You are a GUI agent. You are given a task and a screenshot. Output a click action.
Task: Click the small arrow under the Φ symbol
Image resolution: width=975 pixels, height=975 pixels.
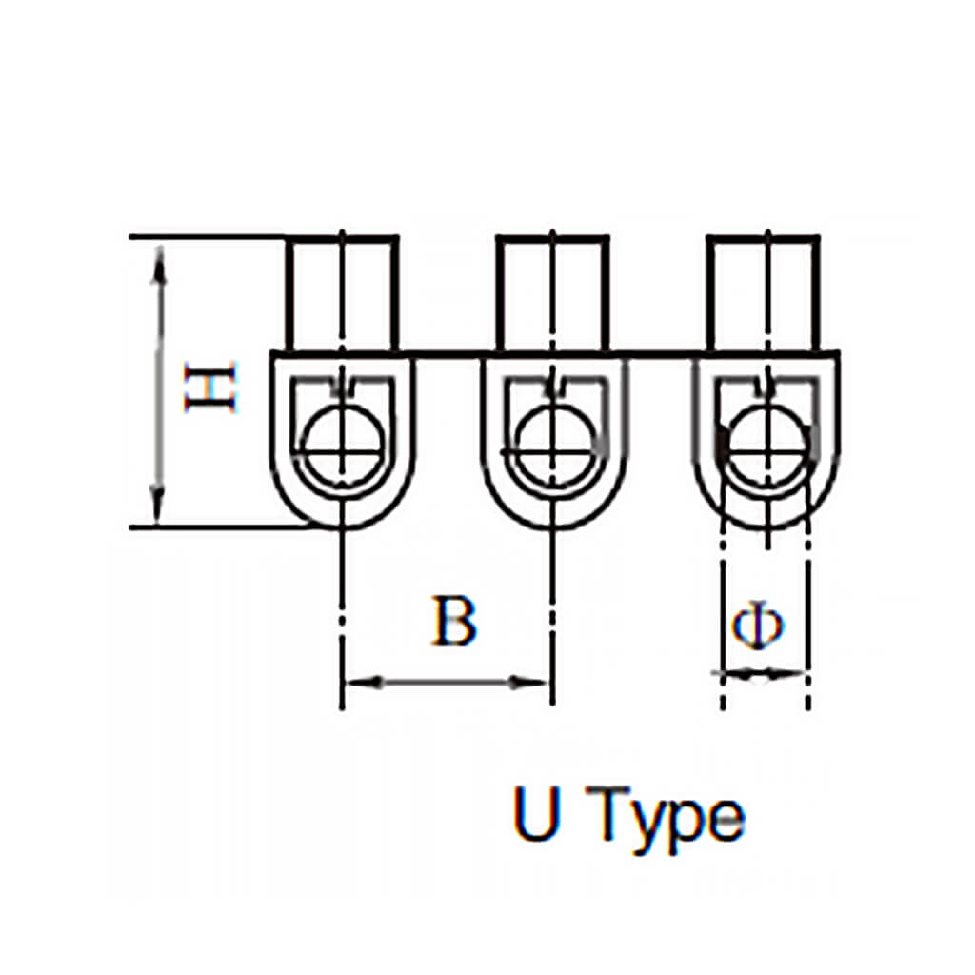762,674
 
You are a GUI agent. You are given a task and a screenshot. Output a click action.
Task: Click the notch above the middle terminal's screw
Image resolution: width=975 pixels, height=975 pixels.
553,387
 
